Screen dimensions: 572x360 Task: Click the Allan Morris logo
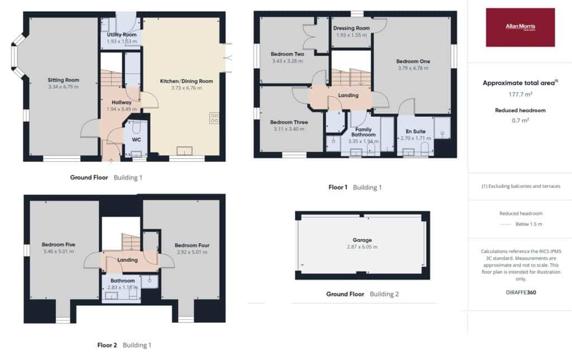(x=520, y=27)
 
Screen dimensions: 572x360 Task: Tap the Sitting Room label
(x=64, y=80)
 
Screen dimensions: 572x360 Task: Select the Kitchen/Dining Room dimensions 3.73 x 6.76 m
(x=187, y=88)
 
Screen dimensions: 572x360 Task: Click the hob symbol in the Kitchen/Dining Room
(x=214, y=118)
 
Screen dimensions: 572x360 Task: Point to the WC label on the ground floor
(x=136, y=140)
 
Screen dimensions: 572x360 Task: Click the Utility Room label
(x=122, y=35)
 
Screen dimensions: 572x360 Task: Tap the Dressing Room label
(x=351, y=28)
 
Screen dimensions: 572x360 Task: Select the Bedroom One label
(x=413, y=61)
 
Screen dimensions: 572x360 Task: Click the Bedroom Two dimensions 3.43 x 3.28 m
(x=288, y=61)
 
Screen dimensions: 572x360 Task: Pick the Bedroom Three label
(x=289, y=122)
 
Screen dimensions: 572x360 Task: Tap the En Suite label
(x=416, y=131)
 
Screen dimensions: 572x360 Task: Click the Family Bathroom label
(x=363, y=132)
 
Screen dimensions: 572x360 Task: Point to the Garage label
(x=362, y=240)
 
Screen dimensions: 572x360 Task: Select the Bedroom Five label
(x=58, y=245)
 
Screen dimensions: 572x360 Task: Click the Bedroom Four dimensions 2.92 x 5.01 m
(x=192, y=252)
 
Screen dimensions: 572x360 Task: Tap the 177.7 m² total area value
(x=521, y=94)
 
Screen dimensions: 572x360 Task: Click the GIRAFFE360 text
(x=521, y=292)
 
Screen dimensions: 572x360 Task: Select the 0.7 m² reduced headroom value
(x=521, y=120)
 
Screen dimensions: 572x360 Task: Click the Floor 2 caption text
(x=107, y=345)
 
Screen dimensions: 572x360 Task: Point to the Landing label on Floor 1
(x=349, y=95)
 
